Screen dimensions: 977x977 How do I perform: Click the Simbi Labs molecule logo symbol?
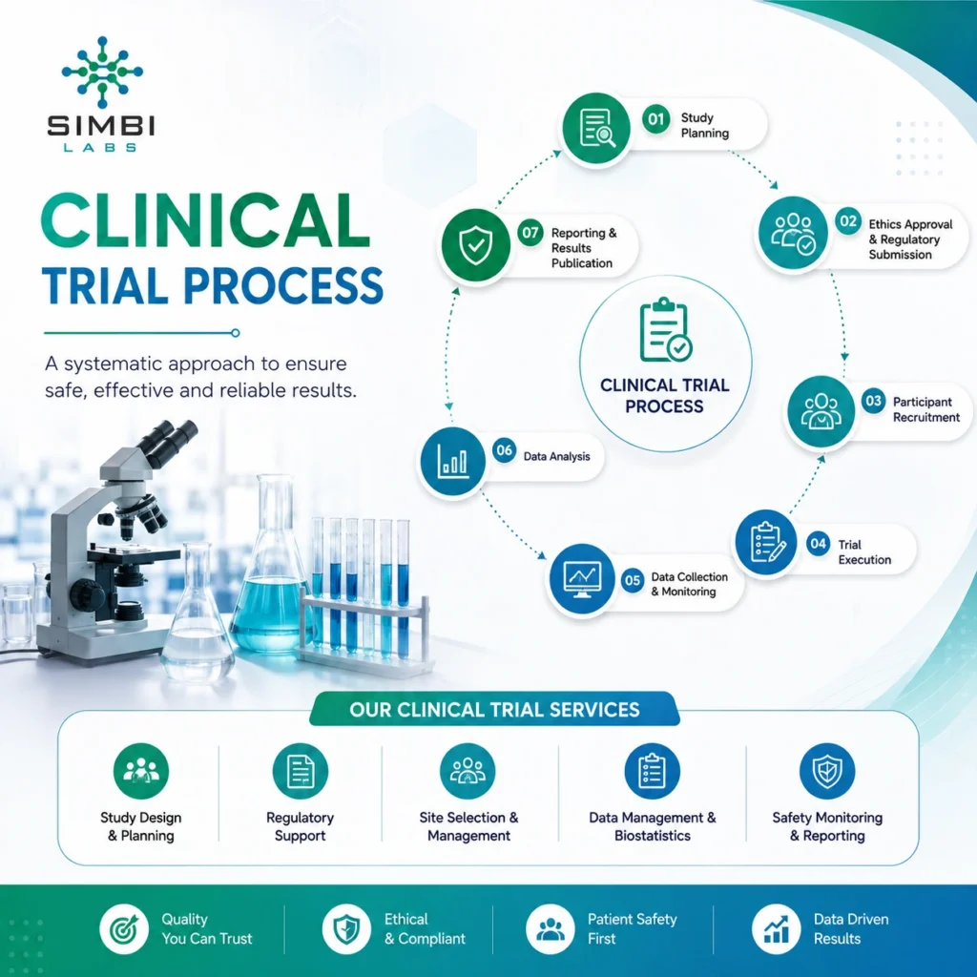[x=102, y=72]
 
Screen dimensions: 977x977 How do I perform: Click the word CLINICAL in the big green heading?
[x=206, y=221]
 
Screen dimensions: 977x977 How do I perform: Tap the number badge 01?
[x=656, y=119]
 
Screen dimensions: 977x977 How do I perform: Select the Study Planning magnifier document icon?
[x=596, y=128]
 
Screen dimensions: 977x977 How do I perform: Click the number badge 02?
[x=848, y=221]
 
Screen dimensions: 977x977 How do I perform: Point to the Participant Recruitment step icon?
[x=821, y=411]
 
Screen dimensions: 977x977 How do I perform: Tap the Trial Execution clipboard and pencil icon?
[x=766, y=542]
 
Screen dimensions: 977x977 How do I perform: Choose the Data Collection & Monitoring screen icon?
[x=581, y=579]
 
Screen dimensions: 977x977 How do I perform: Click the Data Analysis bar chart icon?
[x=452, y=461]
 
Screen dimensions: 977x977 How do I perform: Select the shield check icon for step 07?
[x=475, y=245]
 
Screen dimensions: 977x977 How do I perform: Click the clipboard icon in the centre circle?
[x=665, y=329]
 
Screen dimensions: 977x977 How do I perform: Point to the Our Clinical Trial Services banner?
[x=494, y=709]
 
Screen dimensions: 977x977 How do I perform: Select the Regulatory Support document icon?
[x=301, y=771]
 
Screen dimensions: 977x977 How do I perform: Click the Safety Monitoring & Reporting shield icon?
[x=827, y=771]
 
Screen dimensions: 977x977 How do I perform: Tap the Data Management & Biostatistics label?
[x=653, y=826]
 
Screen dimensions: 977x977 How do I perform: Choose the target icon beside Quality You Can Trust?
[x=124, y=929]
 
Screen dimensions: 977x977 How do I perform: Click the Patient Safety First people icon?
[x=550, y=929]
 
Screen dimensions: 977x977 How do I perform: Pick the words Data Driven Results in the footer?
[x=851, y=929]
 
